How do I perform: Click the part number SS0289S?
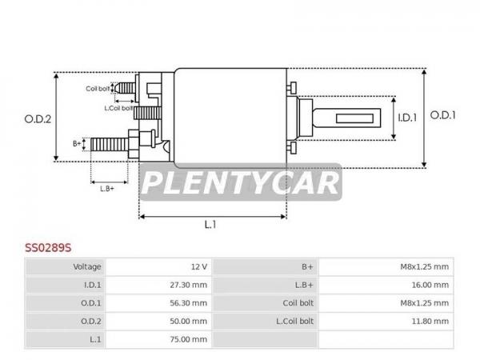tap(48, 248)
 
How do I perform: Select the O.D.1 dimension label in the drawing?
tap(442, 115)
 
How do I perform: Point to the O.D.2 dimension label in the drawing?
tap(38, 119)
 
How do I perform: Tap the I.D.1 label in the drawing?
tap(407, 118)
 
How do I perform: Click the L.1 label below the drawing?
tap(210, 225)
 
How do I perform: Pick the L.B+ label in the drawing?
tap(107, 189)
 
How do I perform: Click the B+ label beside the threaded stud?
tap(77, 143)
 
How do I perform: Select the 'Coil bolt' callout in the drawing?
tap(98, 89)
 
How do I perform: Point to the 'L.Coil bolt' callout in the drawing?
tap(118, 108)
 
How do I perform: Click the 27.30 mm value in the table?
tap(189, 285)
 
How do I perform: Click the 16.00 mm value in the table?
tap(430, 285)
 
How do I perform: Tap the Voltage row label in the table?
tap(87, 267)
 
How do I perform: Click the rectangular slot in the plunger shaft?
tap(354, 118)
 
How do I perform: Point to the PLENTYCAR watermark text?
tap(241, 182)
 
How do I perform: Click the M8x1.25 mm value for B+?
tap(425, 267)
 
